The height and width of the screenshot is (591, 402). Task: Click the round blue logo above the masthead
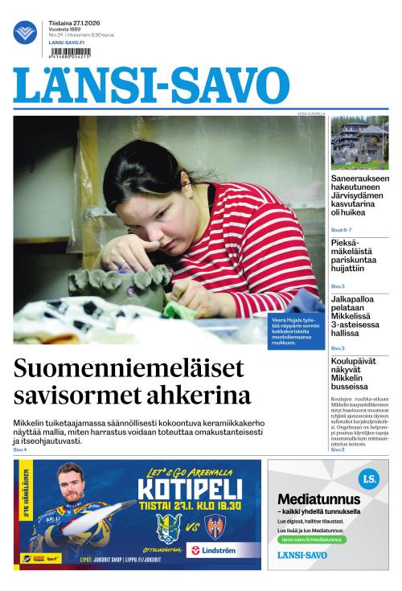pos(25,32)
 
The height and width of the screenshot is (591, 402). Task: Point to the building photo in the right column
pos(359,142)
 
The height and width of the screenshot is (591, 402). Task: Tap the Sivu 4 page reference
pos(20,449)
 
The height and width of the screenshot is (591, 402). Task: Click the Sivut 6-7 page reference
pos(341,230)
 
